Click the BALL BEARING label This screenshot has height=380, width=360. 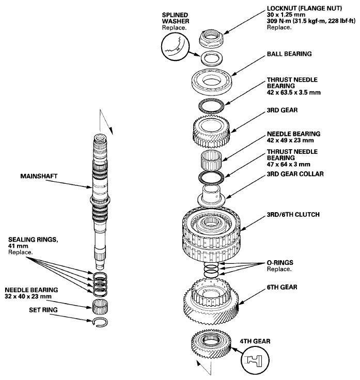tap(289, 53)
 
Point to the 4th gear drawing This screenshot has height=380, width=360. tap(212, 346)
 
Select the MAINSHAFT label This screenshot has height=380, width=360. tap(38, 176)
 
